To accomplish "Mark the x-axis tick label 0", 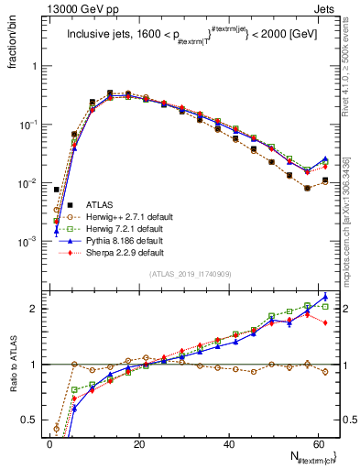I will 49,444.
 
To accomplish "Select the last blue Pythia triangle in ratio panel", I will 326,297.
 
